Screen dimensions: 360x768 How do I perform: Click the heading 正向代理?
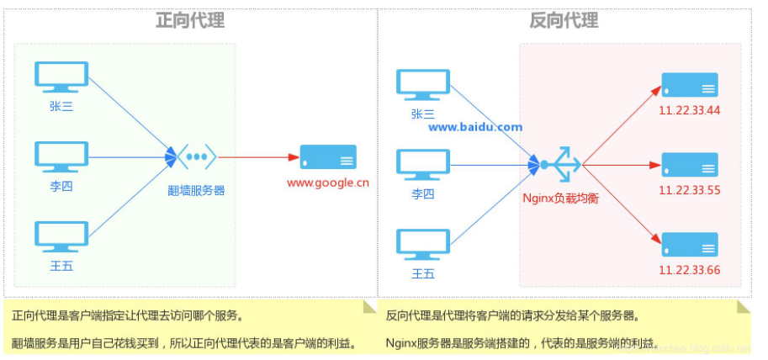tap(190, 20)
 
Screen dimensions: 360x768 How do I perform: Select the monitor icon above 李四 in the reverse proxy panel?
tap(424, 162)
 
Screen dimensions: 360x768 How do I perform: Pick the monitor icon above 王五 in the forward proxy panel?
tap(61, 238)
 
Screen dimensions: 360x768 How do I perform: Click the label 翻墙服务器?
tap(196, 190)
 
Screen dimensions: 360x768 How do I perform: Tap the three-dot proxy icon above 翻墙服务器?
tap(196, 156)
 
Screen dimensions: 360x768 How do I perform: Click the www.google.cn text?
tap(327, 182)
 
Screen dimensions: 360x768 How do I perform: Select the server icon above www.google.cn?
tap(328, 157)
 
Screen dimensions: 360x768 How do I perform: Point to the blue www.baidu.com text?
tap(475, 128)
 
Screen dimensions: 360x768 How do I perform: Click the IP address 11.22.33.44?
tap(690, 110)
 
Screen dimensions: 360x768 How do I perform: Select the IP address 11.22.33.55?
tap(690, 190)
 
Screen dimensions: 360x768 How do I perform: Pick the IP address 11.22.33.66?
tap(690, 270)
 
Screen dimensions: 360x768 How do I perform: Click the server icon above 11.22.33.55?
tap(690, 164)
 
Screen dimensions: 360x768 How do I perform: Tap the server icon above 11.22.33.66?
tap(690, 244)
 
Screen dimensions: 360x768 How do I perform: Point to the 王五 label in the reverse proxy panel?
tap(423, 274)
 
